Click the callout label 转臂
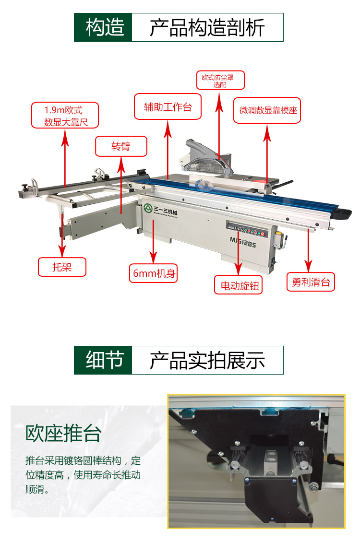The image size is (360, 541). click(121, 146)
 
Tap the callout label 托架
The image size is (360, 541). click(62, 267)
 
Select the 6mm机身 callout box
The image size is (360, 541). click(154, 273)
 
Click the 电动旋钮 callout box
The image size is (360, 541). click(239, 285)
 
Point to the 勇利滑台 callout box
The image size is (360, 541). click(311, 282)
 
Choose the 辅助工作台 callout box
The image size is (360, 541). click(168, 106)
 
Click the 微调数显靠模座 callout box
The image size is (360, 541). click(267, 110)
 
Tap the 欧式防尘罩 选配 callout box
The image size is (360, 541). click(220, 81)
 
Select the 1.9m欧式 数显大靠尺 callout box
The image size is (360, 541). click(65, 115)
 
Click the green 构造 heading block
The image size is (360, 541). click(103, 27)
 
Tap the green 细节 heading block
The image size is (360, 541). click(103, 360)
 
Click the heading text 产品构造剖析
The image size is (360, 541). click(207, 28)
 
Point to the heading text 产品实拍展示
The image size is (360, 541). click(207, 361)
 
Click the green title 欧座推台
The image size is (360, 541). click(63, 434)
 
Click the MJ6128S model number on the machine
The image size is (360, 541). click(243, 242)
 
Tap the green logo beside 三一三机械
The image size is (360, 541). click(148, 208)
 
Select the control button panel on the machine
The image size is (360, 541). click(247, 229)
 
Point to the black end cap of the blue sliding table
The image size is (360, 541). click(342, 213)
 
